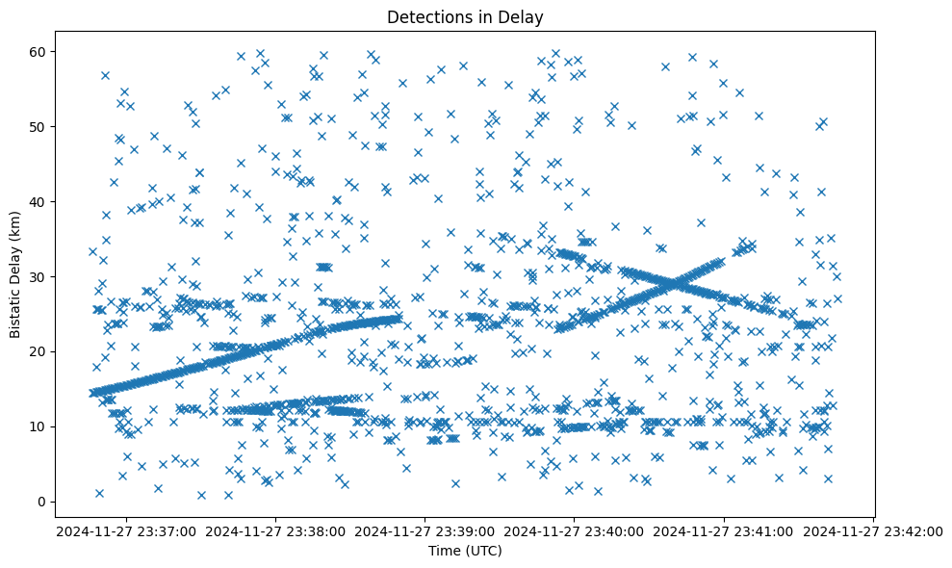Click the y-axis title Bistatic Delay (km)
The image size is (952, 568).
click(15, 273)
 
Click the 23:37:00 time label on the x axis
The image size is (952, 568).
click(126, 530)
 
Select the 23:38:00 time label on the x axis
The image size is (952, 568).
click(275, 530)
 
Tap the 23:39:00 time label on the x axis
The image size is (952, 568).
click(425, 530)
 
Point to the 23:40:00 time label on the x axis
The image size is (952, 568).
click(575, 530)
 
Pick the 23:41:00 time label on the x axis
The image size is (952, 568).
click(724, 530)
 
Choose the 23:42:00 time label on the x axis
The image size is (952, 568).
click(873, 530)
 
